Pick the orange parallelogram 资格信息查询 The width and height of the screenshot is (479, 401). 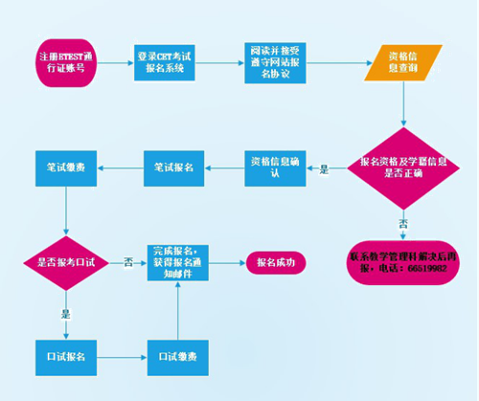coord(387,64)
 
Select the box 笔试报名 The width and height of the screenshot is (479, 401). coord(174,167)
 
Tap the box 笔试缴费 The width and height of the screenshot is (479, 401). coord(64,167)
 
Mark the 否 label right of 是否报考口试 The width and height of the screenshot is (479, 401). coord(126,263)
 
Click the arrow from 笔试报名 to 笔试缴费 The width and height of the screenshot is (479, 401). coord(120,167)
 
